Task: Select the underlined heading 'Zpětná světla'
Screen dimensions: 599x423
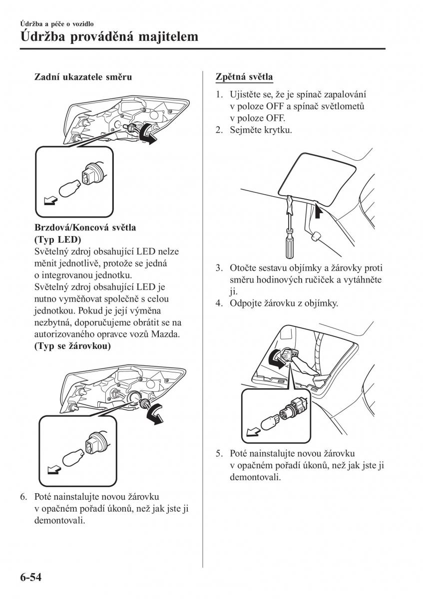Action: tap(244, 77)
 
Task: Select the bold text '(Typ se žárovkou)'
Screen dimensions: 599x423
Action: tap(72, 346)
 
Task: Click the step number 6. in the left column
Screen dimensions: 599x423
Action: tap(23, 497)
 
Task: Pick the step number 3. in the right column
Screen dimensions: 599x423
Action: tap(219, 268)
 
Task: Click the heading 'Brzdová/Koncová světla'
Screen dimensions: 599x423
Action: tap(85, 227)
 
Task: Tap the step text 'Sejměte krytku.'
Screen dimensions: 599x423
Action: tap(261, 130)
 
